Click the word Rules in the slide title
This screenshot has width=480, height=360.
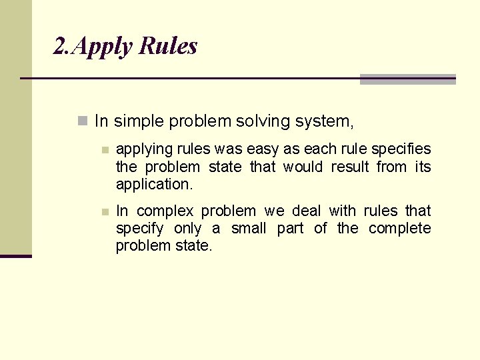[169, 46]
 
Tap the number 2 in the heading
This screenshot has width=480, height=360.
[59, 46]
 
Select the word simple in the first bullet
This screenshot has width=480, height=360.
[139, 122]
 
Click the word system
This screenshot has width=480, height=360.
[325, 122]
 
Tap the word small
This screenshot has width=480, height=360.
[249, 229]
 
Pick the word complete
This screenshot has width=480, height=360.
[399, 229]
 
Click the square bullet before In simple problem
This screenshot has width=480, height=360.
[83, 121]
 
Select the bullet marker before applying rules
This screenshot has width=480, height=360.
[104, 150]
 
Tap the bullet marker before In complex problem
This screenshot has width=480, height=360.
[104, 212]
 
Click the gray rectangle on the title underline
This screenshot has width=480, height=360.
[407, 79]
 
